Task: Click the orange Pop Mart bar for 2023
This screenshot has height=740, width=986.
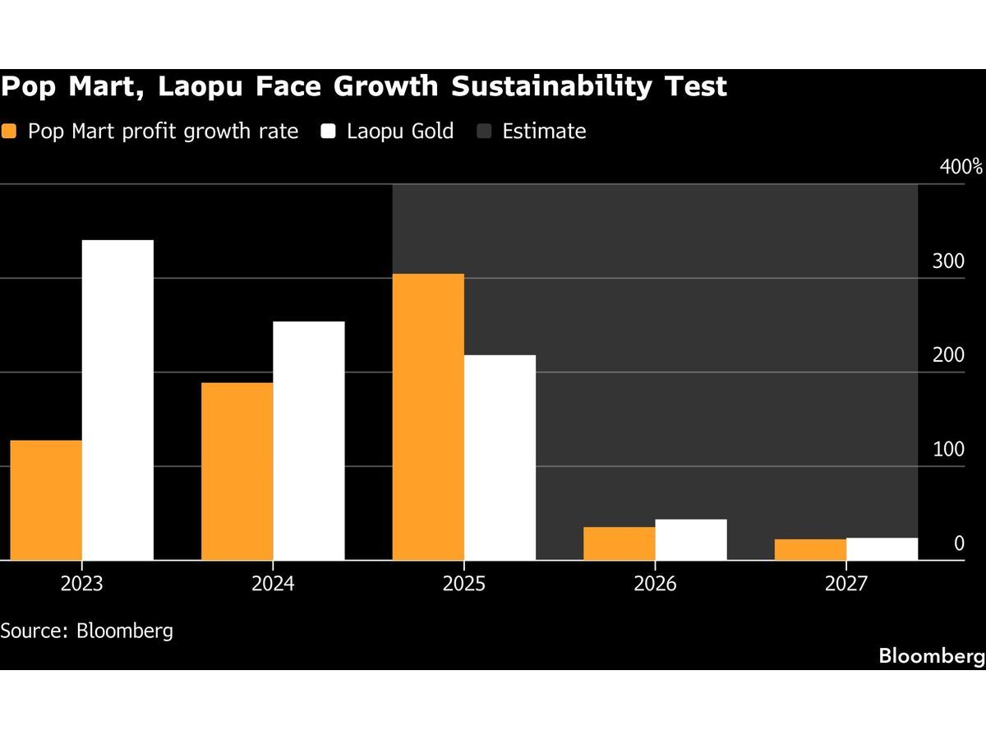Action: [x=46, y=500]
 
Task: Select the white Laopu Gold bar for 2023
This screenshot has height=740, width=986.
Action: [x=117, y=400]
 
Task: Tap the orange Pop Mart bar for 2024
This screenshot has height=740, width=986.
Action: [x=237, y=471]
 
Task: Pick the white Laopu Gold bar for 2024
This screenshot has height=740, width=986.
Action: [x=308, y=441]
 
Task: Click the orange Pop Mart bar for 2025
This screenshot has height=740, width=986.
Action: [x=428, y=417]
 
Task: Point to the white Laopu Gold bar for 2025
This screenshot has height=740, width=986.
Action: [x=500, y=457]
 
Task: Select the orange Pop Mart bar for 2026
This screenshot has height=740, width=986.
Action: [x=620, y=543]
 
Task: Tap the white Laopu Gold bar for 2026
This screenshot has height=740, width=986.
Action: [x=691, y=539]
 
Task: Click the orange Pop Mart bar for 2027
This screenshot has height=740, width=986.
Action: [x=810, y=549]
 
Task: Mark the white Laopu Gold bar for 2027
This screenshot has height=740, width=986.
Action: [x=882, y=548]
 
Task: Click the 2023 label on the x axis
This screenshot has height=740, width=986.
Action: [x=81, y=584]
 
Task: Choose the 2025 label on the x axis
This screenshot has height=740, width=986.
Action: [x=463, y=584]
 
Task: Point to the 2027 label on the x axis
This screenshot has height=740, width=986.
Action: [x=845, y=584]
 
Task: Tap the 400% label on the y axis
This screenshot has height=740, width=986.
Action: [x=961, y=167]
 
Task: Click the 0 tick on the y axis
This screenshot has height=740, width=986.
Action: [x=959, y=543]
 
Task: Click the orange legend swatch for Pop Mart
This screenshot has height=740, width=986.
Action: [x=10, y=132]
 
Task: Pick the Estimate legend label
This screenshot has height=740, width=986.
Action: [x=544, y=132]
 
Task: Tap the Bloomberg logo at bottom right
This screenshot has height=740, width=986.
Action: [x=931, y=656]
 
